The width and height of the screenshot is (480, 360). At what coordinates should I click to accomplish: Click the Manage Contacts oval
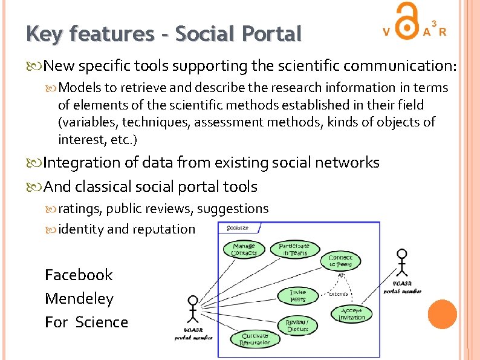pyautogui.click(x=244, y=249)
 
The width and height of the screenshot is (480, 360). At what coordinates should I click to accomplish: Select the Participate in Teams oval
pyautogui.click(x=294, y=249)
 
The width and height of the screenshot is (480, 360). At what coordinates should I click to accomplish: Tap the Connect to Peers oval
pyautogui.click(x=340, y=261)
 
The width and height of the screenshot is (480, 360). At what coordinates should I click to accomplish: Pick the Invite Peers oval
pyautogui.click(x=298, y=296)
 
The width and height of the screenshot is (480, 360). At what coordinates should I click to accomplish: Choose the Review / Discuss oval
pyautogui.click(x=297, y=325)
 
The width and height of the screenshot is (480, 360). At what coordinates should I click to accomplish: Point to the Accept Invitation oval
pyautogui.click(x=352, y=314)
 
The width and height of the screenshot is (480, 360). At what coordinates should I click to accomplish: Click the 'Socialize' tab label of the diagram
pyautogui.click(x=238, y=228)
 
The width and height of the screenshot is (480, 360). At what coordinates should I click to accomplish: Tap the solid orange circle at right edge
pyautogui.click(x=441, y=315)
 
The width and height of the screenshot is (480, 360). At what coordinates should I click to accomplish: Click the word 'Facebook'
pyautogui.click(x=79, y=275)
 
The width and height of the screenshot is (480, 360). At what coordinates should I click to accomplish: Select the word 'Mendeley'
pyautogui.click(x=79, y=299)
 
